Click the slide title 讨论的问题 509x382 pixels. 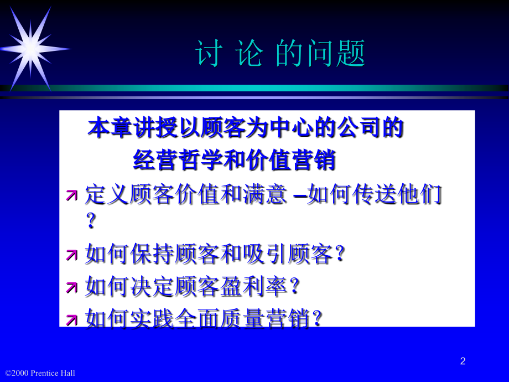(281, 53)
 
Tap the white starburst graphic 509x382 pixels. (32, 49)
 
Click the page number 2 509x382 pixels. (463, 361)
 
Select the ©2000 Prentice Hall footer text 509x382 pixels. (40, 373)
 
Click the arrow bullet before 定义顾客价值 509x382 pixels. (72, 195)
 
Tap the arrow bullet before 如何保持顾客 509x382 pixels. (72, 255)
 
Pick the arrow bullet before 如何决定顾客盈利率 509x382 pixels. (72, 287)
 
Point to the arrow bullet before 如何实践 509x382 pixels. (72, 319)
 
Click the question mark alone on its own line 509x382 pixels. (91, 220)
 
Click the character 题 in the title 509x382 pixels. (351, 54)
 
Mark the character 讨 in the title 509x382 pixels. (209, 54)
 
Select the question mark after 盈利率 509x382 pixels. (294, 286)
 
